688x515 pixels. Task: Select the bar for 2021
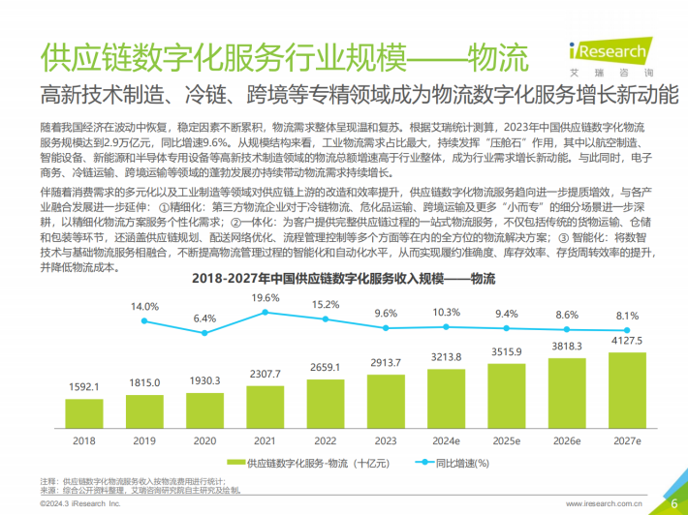pyautogui.click(x=266, y=403)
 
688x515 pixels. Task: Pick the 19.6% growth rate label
pyautogui.click(x=266, y=297)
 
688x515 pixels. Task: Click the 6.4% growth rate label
pyautogui.click(x=204, y=318)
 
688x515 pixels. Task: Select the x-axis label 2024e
pyautogui.click(x=447, y=440)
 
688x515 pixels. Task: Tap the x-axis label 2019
pyautogui.click(x=144, y=440)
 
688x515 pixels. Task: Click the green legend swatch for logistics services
pyautogui.click(x=237, y=464)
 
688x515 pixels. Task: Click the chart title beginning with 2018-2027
pyautogui.click(x=343, y=280)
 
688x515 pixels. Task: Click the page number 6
pyautogui.click(x=672, y=502)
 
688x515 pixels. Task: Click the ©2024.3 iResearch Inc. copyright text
pyautogui.click(x=80, y=503)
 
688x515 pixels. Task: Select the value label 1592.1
pyautogui.click(x=84, y=385)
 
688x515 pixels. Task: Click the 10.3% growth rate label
pyautogui.click(x=447, y=312)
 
